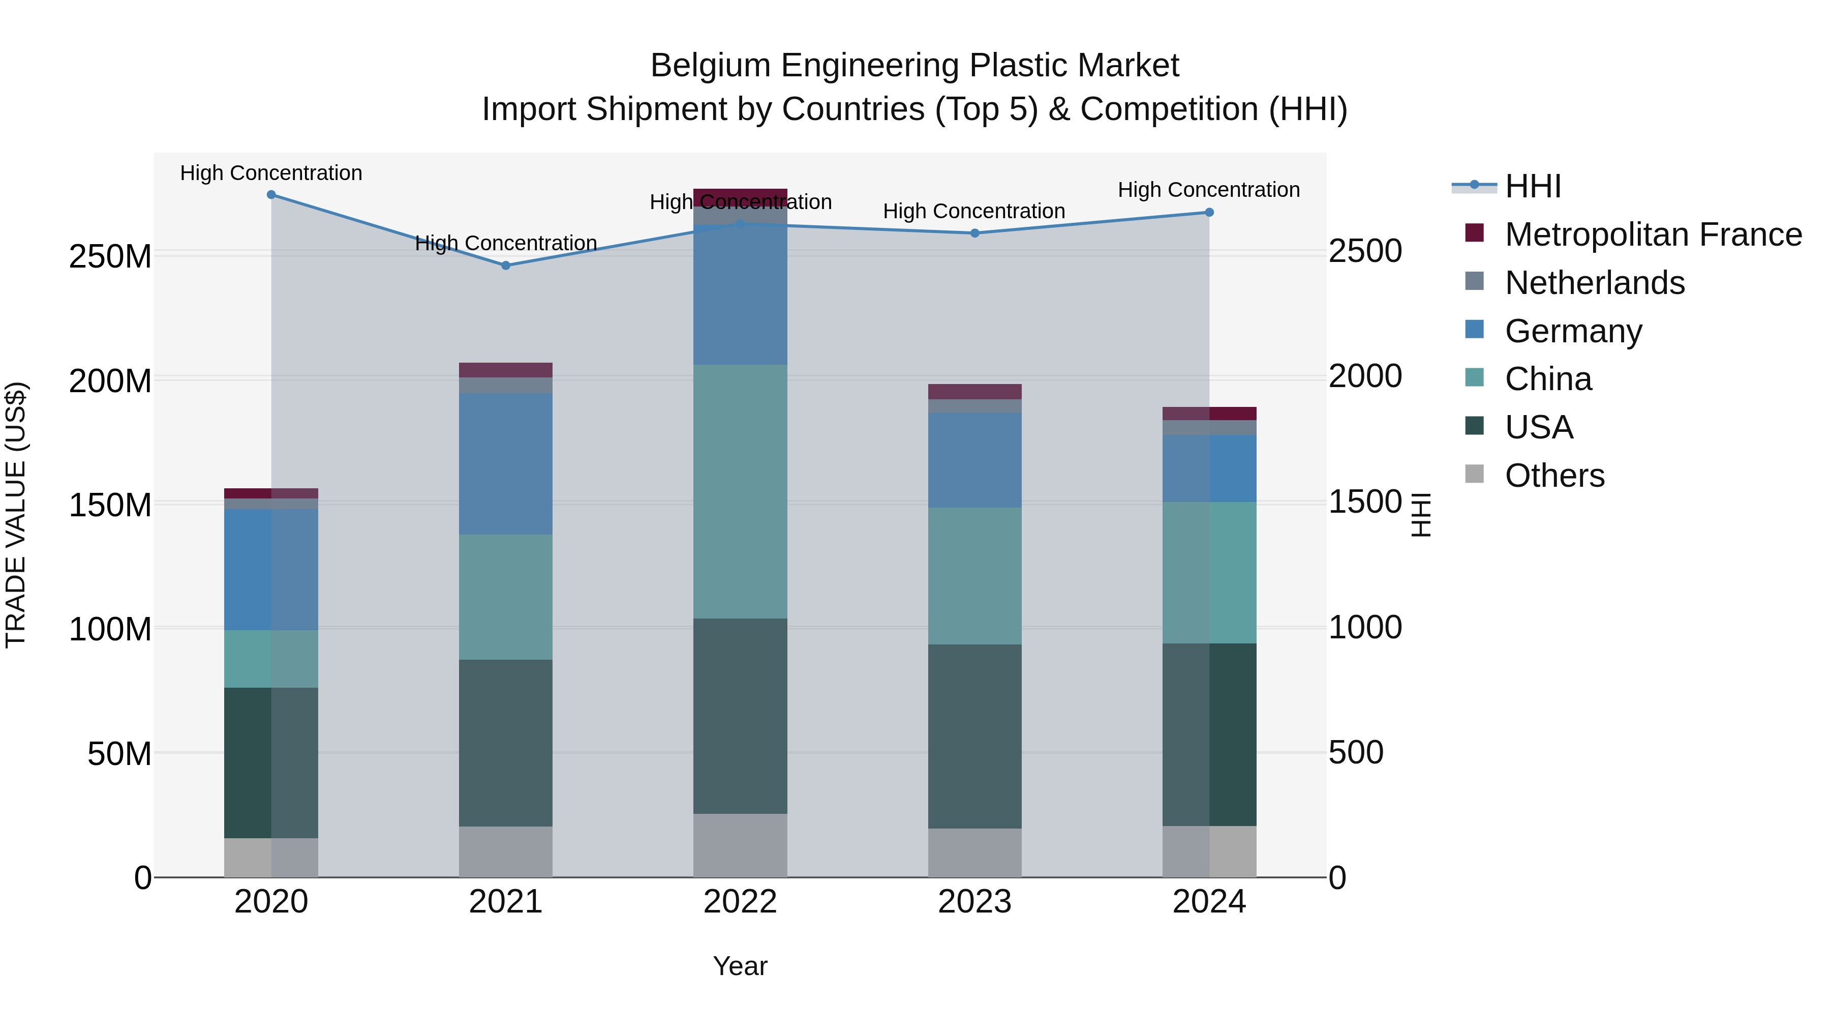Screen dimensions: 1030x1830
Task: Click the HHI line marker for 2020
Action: [x=271, y=195]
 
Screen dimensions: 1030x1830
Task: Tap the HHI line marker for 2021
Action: [x=506, y=266]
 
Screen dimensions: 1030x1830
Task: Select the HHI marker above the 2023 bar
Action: [x=974, y=233]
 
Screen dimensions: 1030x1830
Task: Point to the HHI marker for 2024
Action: [x=1209, y=213]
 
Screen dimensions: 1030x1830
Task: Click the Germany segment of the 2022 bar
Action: [x=740, y=295]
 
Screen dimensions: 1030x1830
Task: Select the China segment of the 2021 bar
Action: [x=506, y=597]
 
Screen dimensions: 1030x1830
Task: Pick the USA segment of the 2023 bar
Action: [x=974, y=737]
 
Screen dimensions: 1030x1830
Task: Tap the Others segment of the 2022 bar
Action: [x=740, y=845]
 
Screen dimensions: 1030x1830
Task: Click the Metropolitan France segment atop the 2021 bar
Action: [x=506, y=370]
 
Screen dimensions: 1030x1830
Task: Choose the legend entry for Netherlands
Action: [x=1594, y=283]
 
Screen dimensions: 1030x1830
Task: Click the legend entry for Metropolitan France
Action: [x=1653, y=234]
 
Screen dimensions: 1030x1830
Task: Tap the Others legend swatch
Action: [x=1475, y=474]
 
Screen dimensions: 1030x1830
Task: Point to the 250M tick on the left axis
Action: [x=110, y=256]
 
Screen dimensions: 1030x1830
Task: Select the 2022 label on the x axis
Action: [x=740, y=902]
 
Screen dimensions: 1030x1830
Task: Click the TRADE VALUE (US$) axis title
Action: [x=16, y=515]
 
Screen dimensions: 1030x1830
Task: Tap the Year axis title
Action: [x=740, y=966]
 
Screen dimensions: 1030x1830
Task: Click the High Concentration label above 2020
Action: [x=271, y=173]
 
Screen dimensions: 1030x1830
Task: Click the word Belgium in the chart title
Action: [x=711, y=66]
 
